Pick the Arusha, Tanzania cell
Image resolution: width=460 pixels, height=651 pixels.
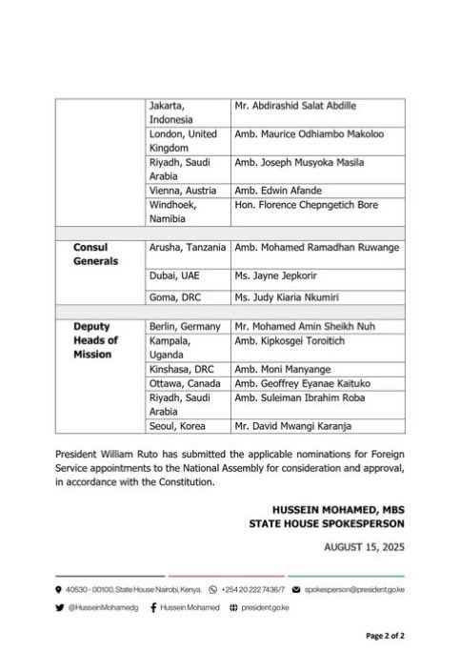pyautogui.click(x=190, y=249)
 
